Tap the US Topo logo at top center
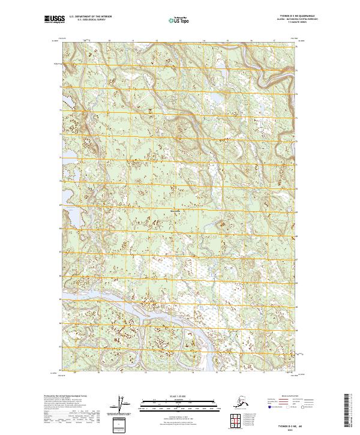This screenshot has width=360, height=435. (x=179, y=21)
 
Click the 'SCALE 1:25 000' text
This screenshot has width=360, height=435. (x=179, y=396)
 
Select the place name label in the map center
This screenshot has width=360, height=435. (x=178, y=211)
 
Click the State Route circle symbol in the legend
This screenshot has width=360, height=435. (x=311, y=407)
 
